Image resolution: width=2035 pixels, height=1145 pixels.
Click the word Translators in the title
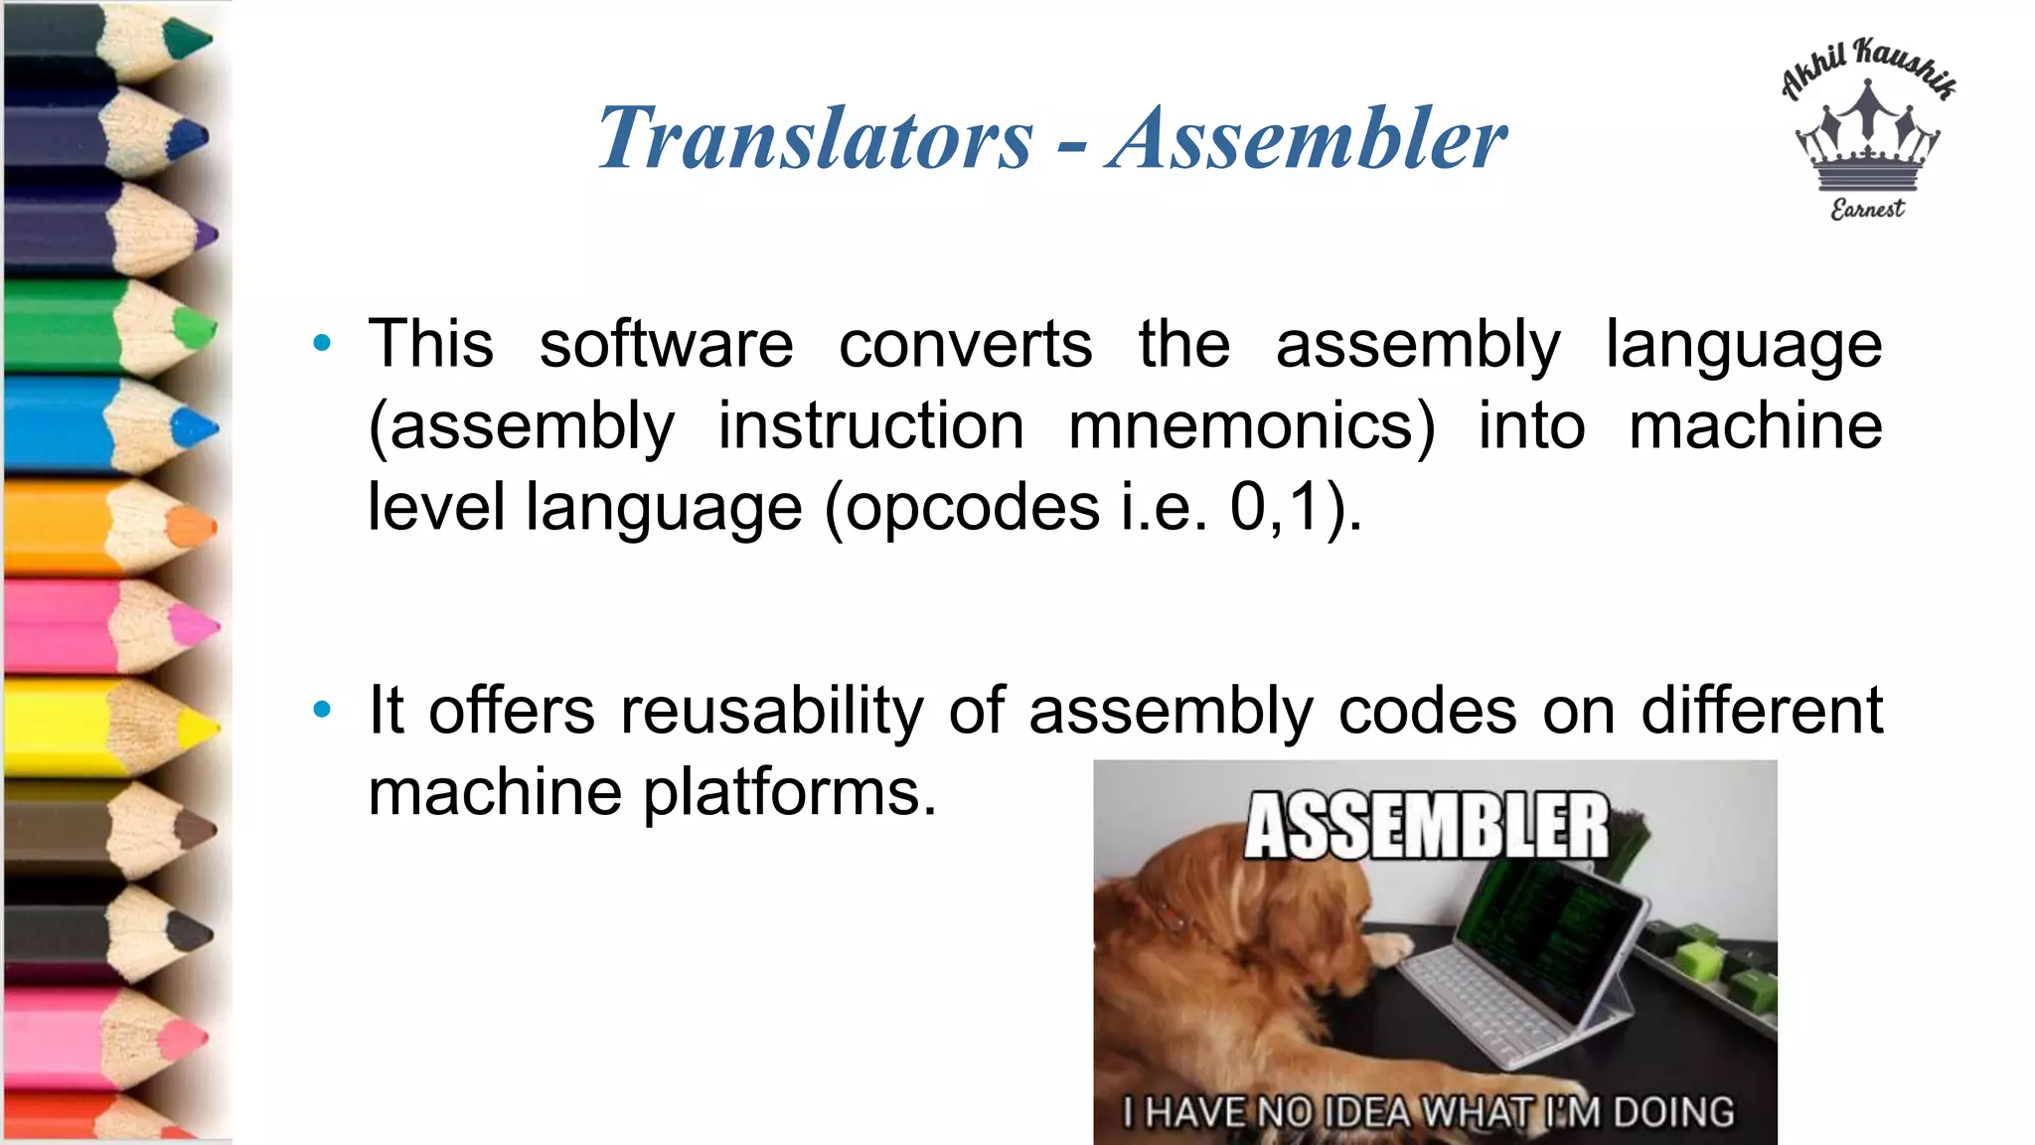(x=815, y=138)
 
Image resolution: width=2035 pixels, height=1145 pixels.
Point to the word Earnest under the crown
(x=1868, y=209)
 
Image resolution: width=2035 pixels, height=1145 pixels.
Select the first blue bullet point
(x=321, y=344)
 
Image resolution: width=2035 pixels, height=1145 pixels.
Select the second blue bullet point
(x=321, y=710)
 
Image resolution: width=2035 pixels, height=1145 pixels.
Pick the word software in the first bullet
(x=666, y=344)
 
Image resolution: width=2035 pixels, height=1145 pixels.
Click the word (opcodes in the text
(x=962, y=507)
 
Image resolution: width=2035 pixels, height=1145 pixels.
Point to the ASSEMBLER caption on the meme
(x=1426, y=825)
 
